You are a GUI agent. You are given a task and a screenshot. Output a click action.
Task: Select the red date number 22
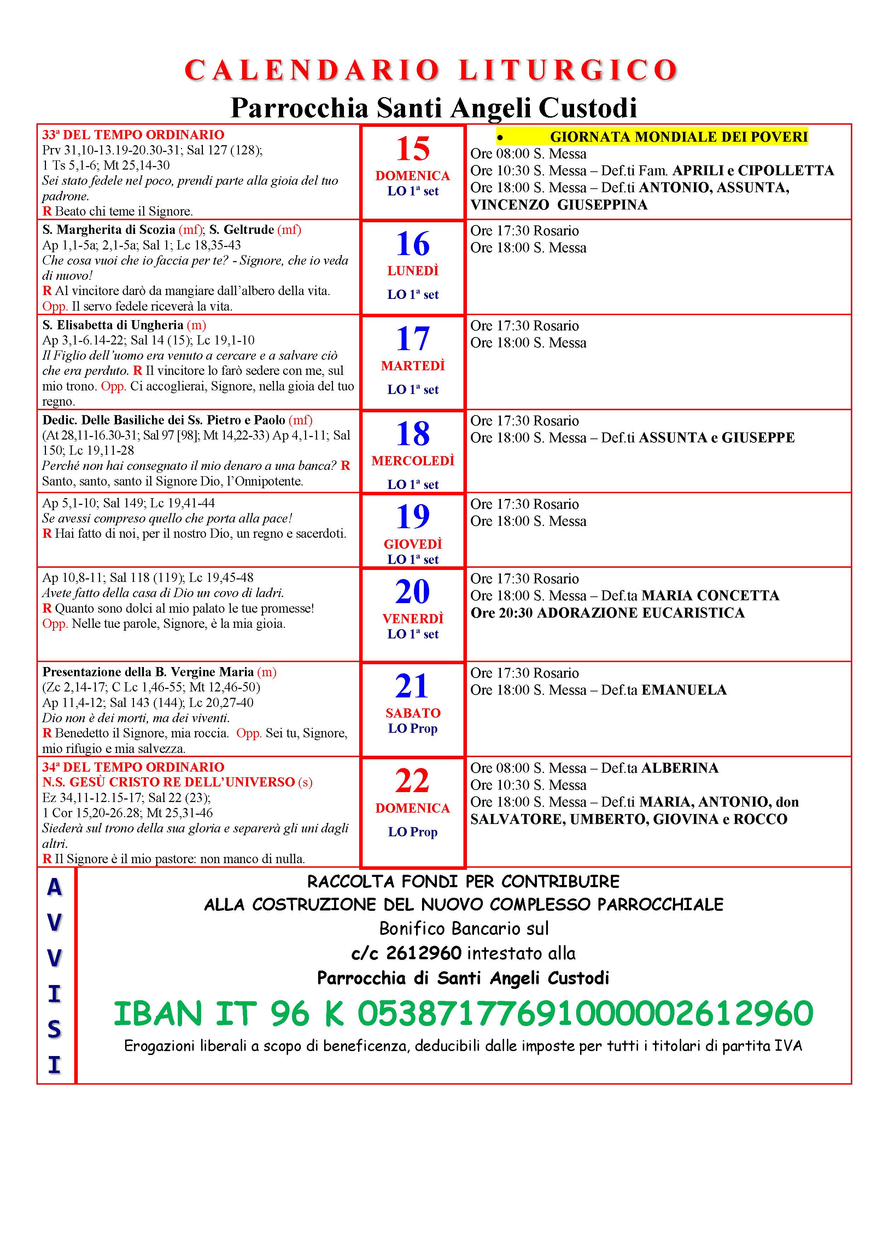[413, 781]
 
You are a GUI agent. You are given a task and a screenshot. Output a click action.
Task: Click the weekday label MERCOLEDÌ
[413, 461]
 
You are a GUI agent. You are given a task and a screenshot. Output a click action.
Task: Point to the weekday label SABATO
[413, 713]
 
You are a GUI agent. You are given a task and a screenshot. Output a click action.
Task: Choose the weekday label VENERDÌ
[413, 618]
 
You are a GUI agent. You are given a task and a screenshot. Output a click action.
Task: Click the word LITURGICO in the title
[568, 70]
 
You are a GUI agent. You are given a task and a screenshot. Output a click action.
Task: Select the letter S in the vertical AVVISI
[54, 1029]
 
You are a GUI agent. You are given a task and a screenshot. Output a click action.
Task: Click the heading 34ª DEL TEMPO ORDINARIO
[133, 767]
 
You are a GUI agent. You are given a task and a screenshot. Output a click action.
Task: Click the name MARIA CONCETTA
[710, 595]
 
